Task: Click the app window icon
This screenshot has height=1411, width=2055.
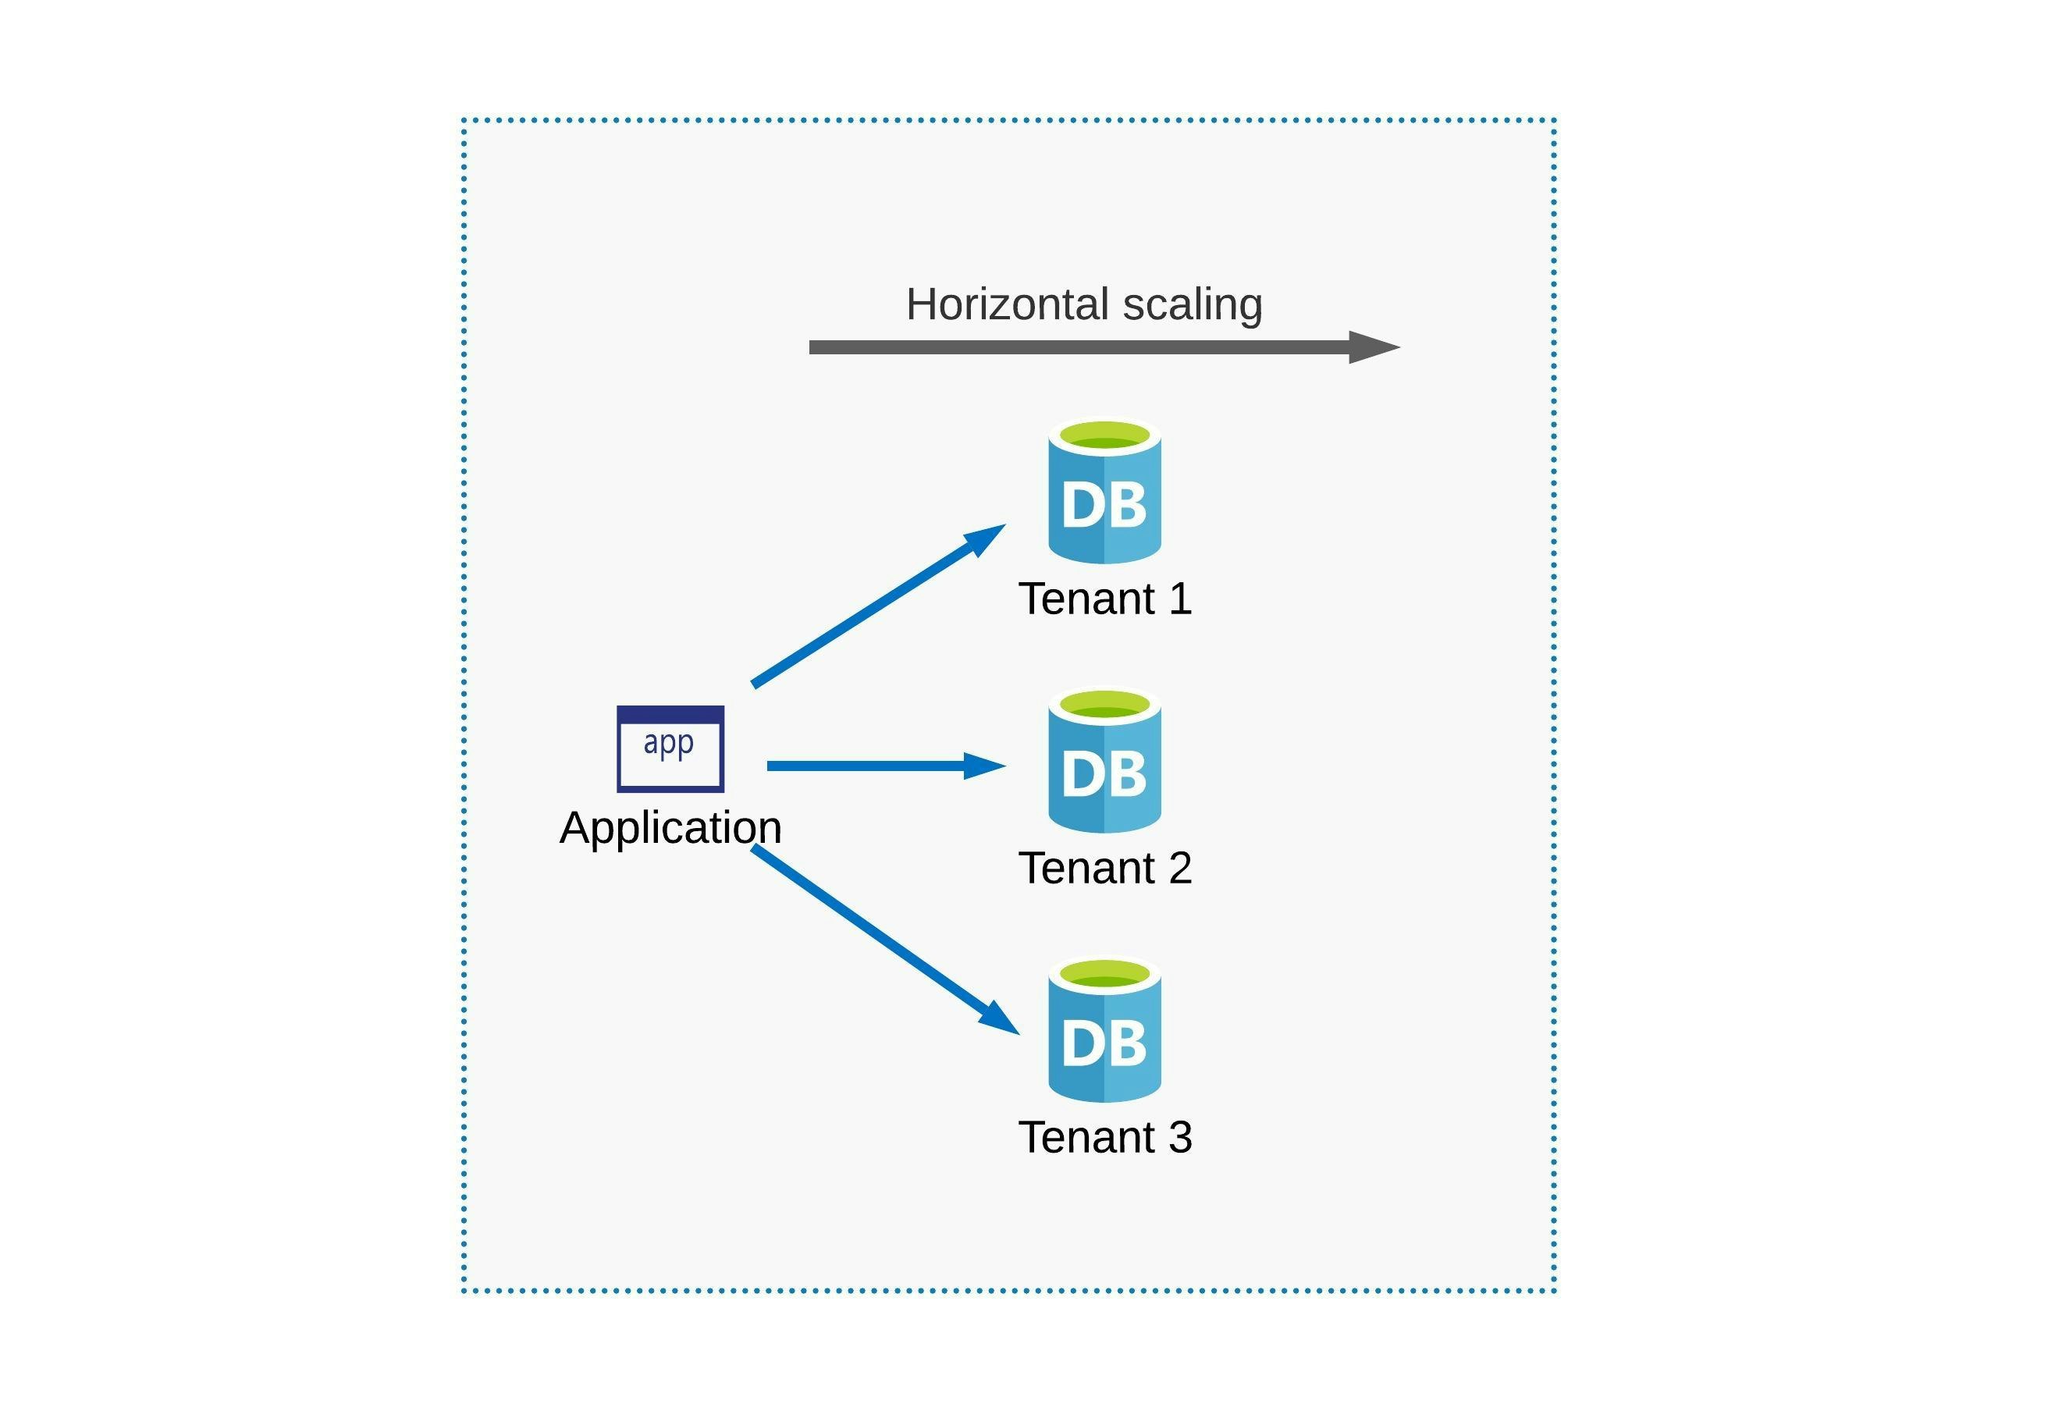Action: tap(670, 750)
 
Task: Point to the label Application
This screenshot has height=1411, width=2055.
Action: tap(670, 828)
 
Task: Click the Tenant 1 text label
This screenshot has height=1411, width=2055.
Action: tap(1104, 599)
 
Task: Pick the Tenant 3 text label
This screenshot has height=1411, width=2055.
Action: tap(1104, 1138)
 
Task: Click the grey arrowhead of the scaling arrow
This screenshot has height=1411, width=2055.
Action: tap(1372, 347)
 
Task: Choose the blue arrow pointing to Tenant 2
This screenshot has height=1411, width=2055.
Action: tap(884, 766)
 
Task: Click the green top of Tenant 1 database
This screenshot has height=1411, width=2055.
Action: tap(1104, 435)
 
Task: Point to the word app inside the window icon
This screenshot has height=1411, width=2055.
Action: tap(669, 743)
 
